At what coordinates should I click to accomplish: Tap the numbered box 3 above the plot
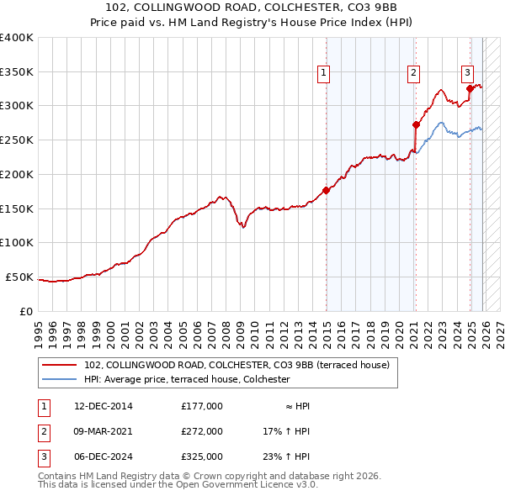point(467,72)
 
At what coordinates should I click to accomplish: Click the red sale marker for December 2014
point(326,190)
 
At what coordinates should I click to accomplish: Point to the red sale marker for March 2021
point(416,124)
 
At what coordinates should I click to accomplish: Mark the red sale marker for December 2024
point(470,88)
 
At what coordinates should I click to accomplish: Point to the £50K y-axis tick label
point(19,277)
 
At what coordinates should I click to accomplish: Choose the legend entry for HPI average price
point(187,379)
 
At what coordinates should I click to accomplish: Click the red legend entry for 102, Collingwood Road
point(237,366)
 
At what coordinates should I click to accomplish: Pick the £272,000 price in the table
point(202,431)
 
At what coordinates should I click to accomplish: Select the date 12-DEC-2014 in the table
point(104,406)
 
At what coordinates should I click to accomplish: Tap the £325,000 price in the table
point(202,456)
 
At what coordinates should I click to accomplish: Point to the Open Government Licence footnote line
point(178,484)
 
